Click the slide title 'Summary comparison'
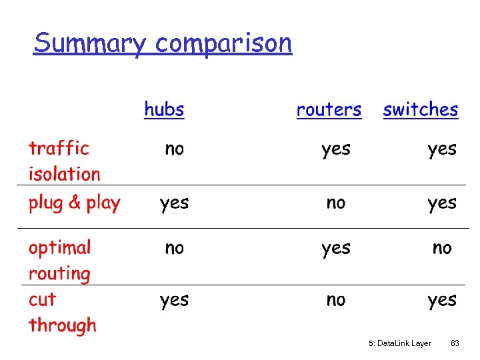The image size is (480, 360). pyautogui.click(x=163, y=43)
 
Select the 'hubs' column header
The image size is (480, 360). pyautogui.click(x=164, y=109)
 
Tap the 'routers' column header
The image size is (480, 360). pyautogui.click(x=329, y=110)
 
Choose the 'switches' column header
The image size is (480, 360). pyautogui.click(x=421, y=110)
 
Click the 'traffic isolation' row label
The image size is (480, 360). pyautogui.click(x=64, y=161)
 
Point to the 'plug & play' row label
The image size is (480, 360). pyautogui.click(x=74, y=203)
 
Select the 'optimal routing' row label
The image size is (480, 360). pyautogui.click(x=59, y=260)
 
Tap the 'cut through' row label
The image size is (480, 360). pyautogui.click(x=62, y=312)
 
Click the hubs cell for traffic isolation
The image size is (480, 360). pyautogui.click(x=174, y=149)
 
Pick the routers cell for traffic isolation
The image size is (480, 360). pyautogui.click(x=335, y=149)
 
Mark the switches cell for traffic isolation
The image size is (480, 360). pyautogui.click(x=442, y=149)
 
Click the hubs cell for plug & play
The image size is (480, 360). pyautogui.click(x=174, y=203)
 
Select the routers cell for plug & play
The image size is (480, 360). pyautogui.click(x=336, y=203)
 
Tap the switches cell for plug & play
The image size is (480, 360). pyautogui.click(x=442, y=203)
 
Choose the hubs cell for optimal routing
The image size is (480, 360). pyautogui.click(x=174, y=248)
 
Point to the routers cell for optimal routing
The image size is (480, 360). pyautogui.click(x=335, y=249)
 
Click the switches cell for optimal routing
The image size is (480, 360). pyautogui.click(x=442, y=248)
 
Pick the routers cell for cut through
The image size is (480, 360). pyautogui.click(x=336, y=300)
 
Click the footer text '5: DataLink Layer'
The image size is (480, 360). pyautogui.click(x=400, y=343)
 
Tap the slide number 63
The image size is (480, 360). pyautogui.click(x=455, y=343)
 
